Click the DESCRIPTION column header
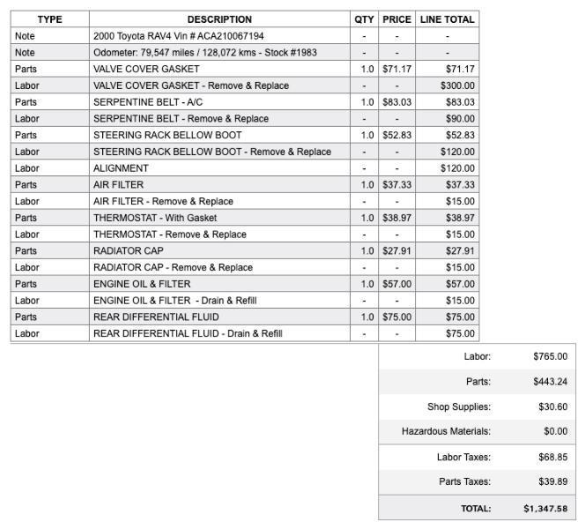219,19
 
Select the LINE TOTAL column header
447,19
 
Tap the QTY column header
364,19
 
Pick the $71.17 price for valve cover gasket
396,69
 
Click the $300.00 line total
457,86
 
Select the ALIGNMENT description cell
121,168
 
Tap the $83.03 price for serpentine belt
396,102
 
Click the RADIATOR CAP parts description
129,250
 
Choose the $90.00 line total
460,119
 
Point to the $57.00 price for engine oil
396,284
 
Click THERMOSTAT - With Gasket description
155,218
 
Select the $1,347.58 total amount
545,509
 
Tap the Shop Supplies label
458,407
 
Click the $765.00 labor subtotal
550,357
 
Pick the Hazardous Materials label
446,432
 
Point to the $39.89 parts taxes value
552,481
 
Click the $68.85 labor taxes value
552,458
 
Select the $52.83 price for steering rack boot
396,135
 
